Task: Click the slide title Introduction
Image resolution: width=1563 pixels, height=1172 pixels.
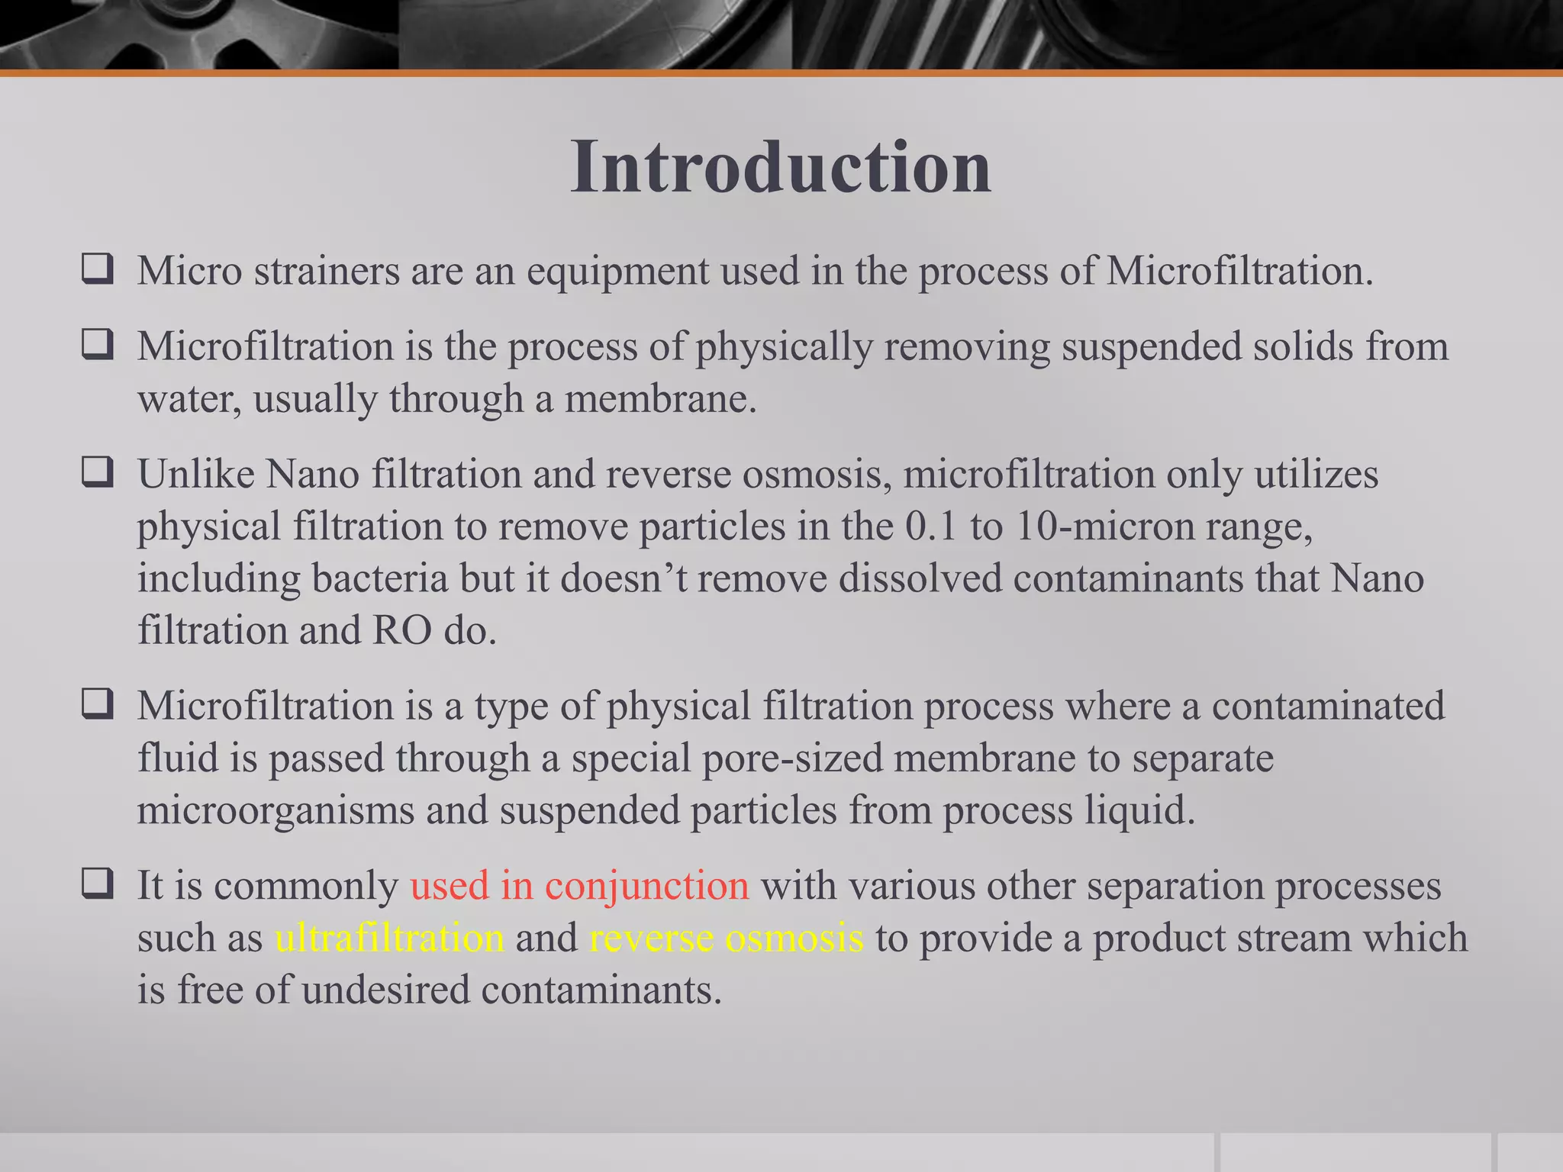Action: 781,167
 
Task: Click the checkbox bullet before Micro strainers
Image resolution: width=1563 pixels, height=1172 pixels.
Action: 98,269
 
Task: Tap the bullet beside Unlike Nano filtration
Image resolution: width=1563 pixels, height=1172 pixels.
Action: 98,472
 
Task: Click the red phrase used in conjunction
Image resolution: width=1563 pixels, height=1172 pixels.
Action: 579,886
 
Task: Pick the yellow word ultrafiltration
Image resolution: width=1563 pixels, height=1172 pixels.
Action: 389,938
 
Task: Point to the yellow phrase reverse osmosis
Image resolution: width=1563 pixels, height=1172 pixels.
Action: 726,938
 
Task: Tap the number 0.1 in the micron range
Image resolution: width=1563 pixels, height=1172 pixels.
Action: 930,526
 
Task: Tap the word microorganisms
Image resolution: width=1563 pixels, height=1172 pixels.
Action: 275,810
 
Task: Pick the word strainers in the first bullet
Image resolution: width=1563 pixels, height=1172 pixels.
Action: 327,271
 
